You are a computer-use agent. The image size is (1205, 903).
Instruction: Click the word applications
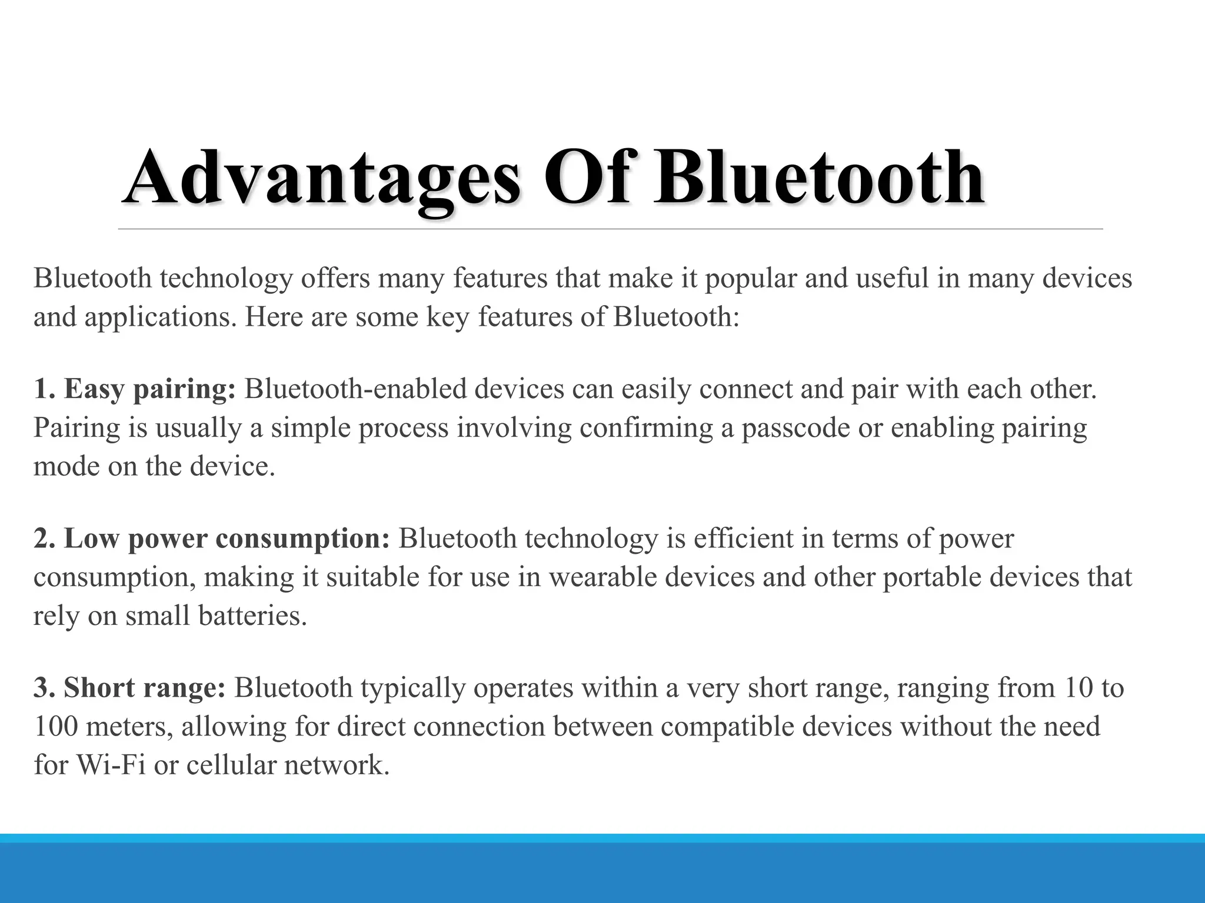tap(160, 317)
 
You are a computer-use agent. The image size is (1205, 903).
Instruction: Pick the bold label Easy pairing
tap(149, 389)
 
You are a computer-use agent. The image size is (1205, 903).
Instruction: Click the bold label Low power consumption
tap(227, 539)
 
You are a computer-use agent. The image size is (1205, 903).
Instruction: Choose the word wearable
tap(603, 577)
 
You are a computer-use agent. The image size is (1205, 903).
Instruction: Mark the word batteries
tap(252, 616)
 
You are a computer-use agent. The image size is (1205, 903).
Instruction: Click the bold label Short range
tap(144, 688)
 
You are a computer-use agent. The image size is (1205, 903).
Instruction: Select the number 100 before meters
tap(56, 727)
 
